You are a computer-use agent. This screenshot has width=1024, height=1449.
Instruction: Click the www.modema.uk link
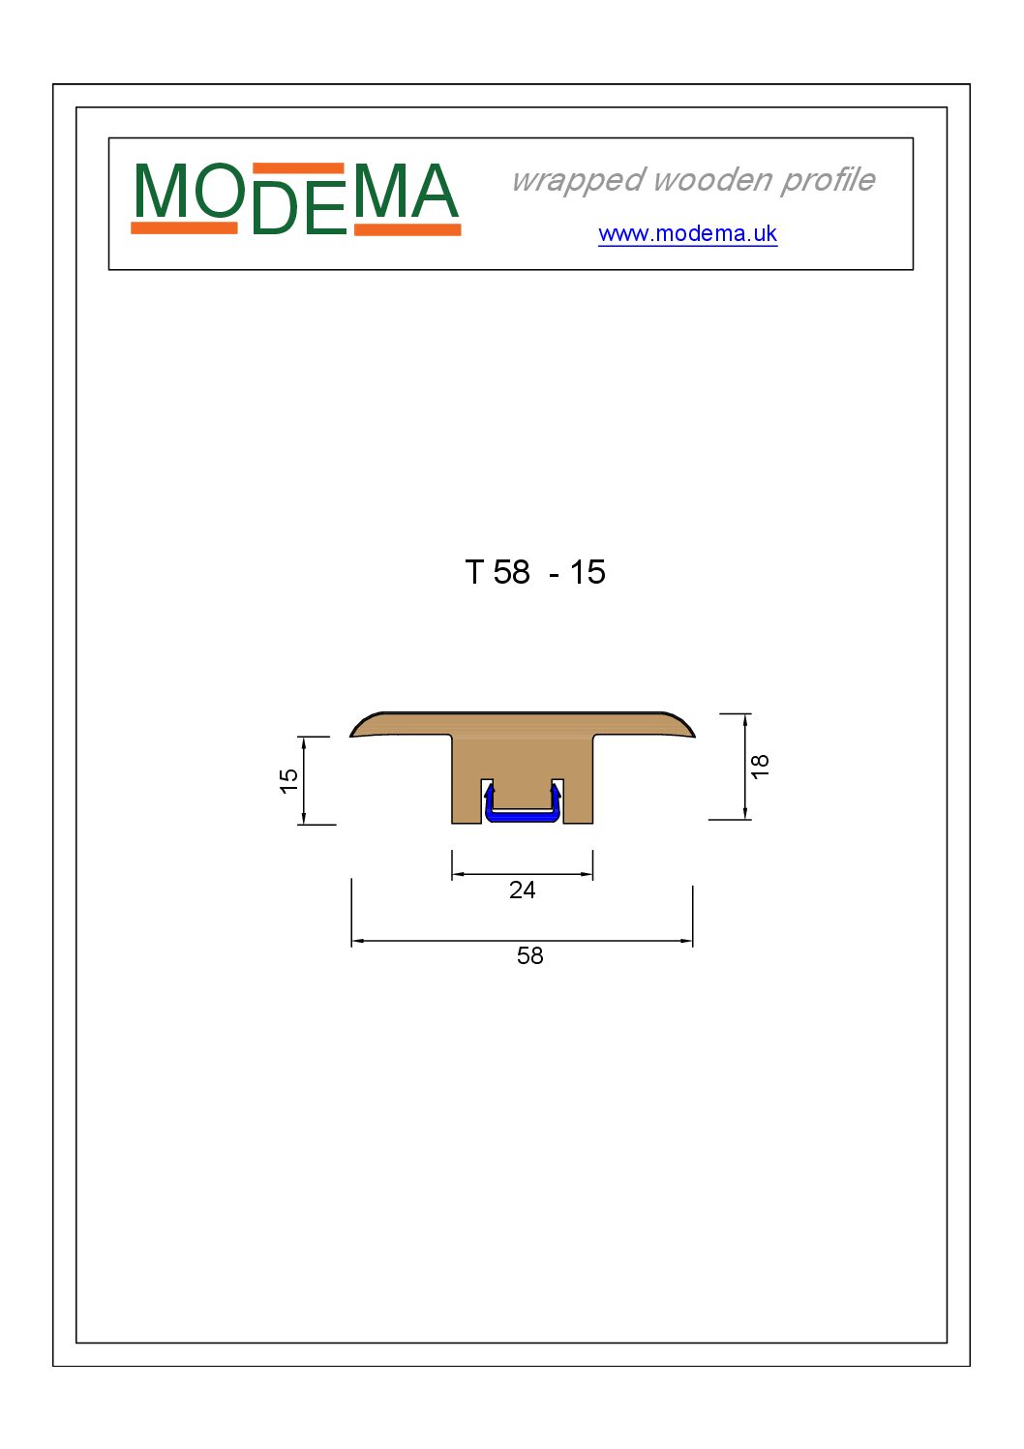click(x=687, y=233)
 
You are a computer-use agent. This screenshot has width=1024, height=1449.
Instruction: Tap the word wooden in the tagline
click(x=711, y=179)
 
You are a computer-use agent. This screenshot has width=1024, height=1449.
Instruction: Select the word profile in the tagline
click(x=828, y=181)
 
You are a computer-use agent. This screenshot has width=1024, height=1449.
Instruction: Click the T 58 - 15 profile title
click(x=535, y=572)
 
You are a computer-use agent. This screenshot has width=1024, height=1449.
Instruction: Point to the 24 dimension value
click(x=522, y=891)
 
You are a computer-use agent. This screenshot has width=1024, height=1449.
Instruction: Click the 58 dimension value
click(x=529, y=955)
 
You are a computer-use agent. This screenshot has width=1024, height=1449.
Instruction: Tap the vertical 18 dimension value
click(x=760, y=766)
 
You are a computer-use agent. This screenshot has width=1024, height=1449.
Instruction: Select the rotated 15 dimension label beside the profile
click(x=287, y=781)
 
